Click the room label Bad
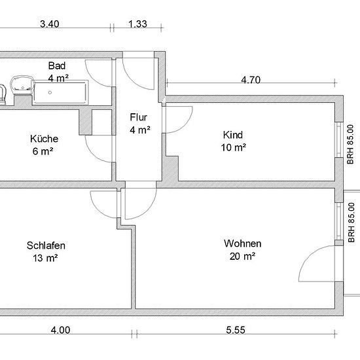coord(57,66)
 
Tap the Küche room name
coord(44,139)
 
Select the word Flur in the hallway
coord(139,117)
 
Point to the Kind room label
coord(233,135)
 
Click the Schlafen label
coord(46,245)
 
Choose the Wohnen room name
coord(243,243)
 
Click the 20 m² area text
coord(242,256)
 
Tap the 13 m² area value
coord(45,259)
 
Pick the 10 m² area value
coord(233,147)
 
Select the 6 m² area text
coord(43,151)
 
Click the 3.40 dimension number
coord(50,24)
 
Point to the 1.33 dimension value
coord(137,24)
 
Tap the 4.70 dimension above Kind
coord(251,80)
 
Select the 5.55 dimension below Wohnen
coord(236,330)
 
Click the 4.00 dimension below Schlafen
coord(60,330)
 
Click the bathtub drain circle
coord(50,92)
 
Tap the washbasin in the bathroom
coord(22,84)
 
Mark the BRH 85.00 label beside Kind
coord(350,144)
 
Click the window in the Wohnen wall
coord(339,221)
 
